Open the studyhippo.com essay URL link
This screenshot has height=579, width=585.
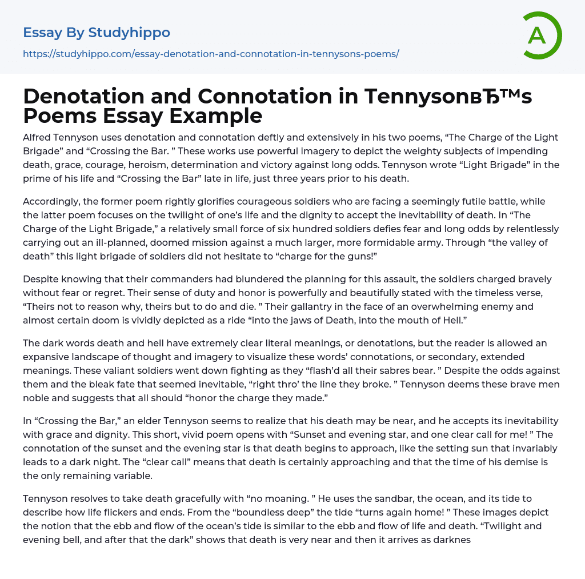(x=211, y=54)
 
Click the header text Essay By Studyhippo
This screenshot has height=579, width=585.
(x=97, y=33)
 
